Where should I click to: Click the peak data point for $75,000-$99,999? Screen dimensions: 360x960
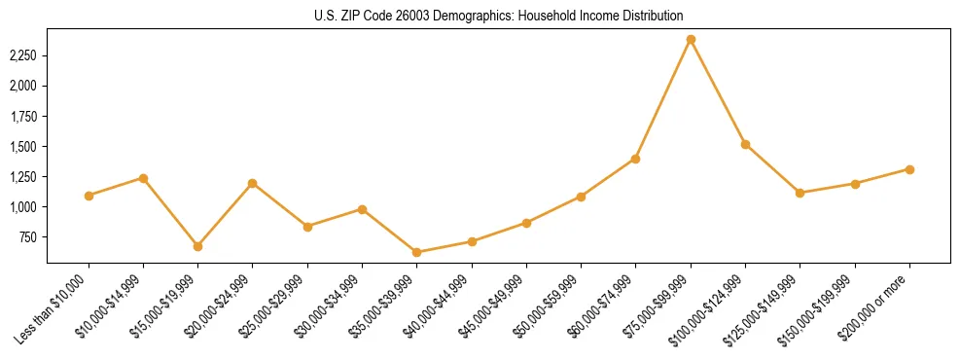pos(691,40)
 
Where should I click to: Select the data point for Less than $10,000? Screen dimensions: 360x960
pos(89,196)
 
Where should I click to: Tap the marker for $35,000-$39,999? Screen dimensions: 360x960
pos(417,252)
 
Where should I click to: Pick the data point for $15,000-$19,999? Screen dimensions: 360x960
pos(198,246)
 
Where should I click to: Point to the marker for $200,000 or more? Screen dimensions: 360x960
pos(909,169)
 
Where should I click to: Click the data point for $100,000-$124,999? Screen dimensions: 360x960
pos(745,144)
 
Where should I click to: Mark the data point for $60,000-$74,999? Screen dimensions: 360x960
pos(636,159)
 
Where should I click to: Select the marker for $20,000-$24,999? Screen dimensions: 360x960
pos(253,183)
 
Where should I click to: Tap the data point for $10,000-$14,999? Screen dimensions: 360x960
pos(143,178)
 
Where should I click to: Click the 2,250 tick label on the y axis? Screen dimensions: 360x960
pos(22,55)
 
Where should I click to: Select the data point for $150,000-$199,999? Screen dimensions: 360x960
pos(855,183)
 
